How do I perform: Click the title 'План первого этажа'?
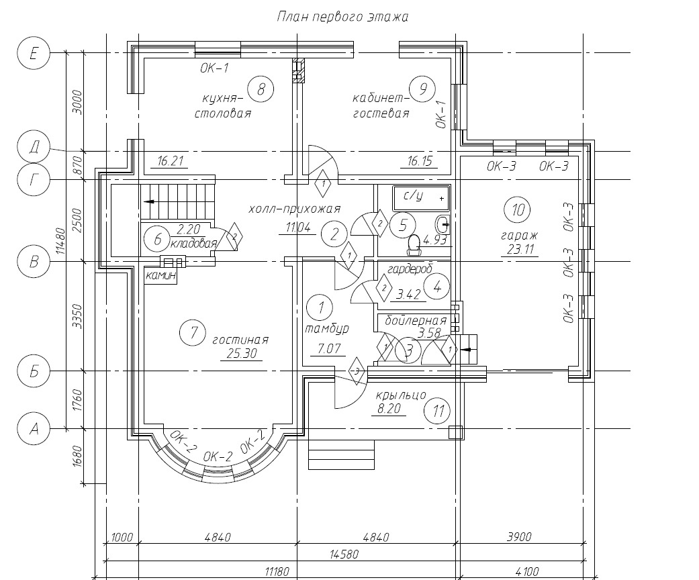coord(342,17)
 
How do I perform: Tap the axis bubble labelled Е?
coord(34,53)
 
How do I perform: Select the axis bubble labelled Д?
coord(34,147)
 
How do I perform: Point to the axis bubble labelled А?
coord(34,429)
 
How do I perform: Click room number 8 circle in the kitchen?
coord(261,89)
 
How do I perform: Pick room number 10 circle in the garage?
coord(518,209)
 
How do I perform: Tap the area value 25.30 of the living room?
coord(242,354)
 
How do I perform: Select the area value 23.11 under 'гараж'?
coord(520,249)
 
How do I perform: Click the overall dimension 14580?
coord(344,554)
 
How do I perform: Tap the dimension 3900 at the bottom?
coord(519,537)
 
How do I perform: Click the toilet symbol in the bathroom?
coord(414,245)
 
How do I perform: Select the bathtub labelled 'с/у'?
coord(421,199)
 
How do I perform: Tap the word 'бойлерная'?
coord(416,320)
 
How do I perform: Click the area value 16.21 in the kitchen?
coord(171,161)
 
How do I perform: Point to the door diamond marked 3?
coord(356,371)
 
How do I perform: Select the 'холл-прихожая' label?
coord(294,209)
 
